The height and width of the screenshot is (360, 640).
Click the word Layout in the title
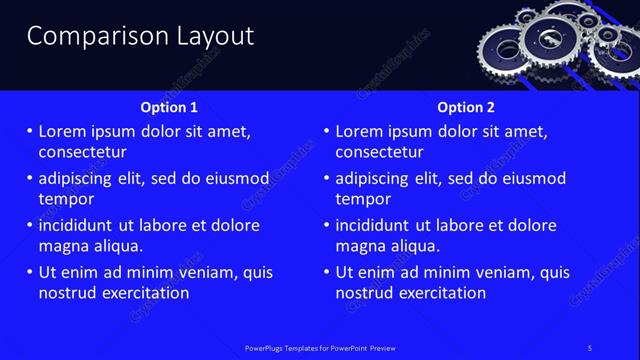209,37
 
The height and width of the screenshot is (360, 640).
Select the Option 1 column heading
170,107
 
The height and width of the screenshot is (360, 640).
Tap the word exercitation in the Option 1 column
144,293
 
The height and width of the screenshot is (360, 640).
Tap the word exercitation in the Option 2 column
441,293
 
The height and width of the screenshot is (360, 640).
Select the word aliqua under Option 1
117,245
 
